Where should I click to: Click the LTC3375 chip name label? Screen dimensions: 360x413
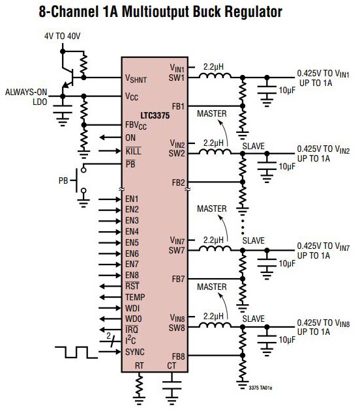tap(155, 116)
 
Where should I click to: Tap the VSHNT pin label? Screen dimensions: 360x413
tap(136, 78)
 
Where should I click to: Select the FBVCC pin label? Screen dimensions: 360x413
tap(136, 125)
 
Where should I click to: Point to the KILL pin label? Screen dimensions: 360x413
tap(134, 151)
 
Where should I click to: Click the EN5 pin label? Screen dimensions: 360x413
tap(132, 242)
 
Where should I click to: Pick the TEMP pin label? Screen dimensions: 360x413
tap(135, 297)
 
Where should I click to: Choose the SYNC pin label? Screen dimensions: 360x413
tap(135, 352)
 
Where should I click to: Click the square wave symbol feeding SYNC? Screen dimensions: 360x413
tap(76, 352)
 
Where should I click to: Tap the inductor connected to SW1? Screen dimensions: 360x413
tap(215, 76)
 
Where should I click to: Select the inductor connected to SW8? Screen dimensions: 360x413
tap(215, 325)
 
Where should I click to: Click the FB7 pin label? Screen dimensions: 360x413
tap(178, 279)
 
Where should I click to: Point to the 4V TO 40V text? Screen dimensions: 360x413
tap(62, 36)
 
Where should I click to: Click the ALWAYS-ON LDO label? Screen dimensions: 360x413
tap(26, 97)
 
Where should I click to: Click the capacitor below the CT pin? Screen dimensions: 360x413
tap(172, 385)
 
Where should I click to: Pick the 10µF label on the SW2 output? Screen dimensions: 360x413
tap(287, 167)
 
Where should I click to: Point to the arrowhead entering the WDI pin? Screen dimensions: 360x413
tap(117, 308)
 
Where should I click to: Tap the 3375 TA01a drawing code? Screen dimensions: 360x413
tap(261, 388)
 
